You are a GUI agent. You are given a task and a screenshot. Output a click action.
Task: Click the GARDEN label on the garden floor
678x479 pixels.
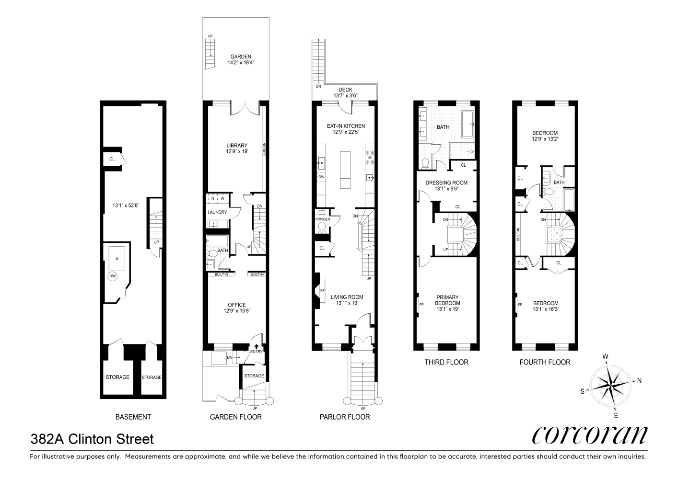click(240, 57)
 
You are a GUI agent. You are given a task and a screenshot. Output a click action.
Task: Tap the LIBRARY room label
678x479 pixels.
click(237, 146)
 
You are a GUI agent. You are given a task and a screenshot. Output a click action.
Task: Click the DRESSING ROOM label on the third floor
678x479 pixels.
click(446, 182)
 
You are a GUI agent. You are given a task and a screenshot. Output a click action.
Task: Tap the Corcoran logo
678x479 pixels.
click(589, 435)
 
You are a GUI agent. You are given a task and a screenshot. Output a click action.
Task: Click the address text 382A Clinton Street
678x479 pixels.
click(92, 439)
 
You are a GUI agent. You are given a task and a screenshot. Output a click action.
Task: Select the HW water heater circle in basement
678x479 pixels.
click(112, 276)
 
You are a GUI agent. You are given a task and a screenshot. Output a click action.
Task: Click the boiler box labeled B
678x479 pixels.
click(117, 259)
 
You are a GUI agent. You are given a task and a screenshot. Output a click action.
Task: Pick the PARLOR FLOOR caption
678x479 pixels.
click(345, 417)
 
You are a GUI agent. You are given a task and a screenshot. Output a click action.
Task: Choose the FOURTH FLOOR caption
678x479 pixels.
click(545, 362)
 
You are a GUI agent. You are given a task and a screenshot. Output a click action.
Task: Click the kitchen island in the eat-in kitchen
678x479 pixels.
click(345, 170)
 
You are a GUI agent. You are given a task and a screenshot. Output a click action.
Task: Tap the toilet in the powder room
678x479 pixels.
click(322, 226)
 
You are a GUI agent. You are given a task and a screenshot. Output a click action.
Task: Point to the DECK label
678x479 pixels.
click(345, 90)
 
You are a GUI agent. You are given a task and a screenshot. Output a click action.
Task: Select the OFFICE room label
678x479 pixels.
click(237, 305)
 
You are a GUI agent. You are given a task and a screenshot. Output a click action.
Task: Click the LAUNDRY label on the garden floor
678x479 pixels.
click(217, 212)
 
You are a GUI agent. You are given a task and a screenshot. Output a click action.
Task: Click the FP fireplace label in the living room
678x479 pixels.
click(322, 291)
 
